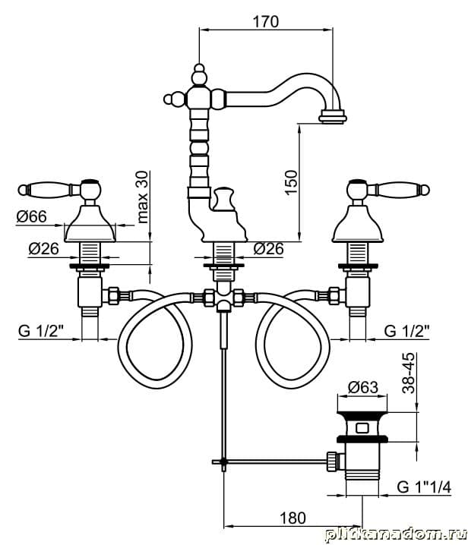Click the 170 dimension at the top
265,21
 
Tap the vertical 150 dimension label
291,182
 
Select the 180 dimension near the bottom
293,518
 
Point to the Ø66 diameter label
31,216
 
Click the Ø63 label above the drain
363,387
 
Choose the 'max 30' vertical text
143,197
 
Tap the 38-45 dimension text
409,373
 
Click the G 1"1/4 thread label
424,487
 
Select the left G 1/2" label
40,331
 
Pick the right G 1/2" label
406,331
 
